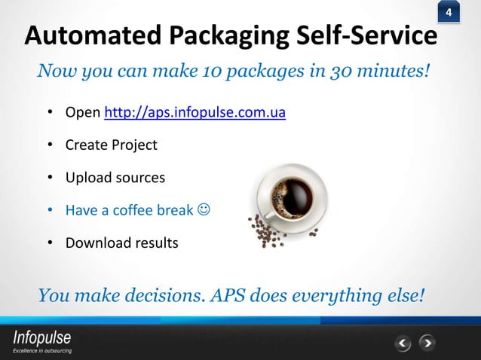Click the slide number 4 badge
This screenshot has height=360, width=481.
(x=449, y=14)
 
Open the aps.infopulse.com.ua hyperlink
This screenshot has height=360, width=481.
(x=195, y=114)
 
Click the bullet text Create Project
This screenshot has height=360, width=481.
(x=112, y=145)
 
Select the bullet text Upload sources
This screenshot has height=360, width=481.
(x=115, y=178)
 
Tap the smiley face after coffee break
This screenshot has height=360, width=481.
(x=204, y=210)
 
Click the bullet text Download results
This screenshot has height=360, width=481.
(x=122, y=243)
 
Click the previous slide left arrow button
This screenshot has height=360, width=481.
(x=403, y=344)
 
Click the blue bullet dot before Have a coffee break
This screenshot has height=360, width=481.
(x=49, y=211)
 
